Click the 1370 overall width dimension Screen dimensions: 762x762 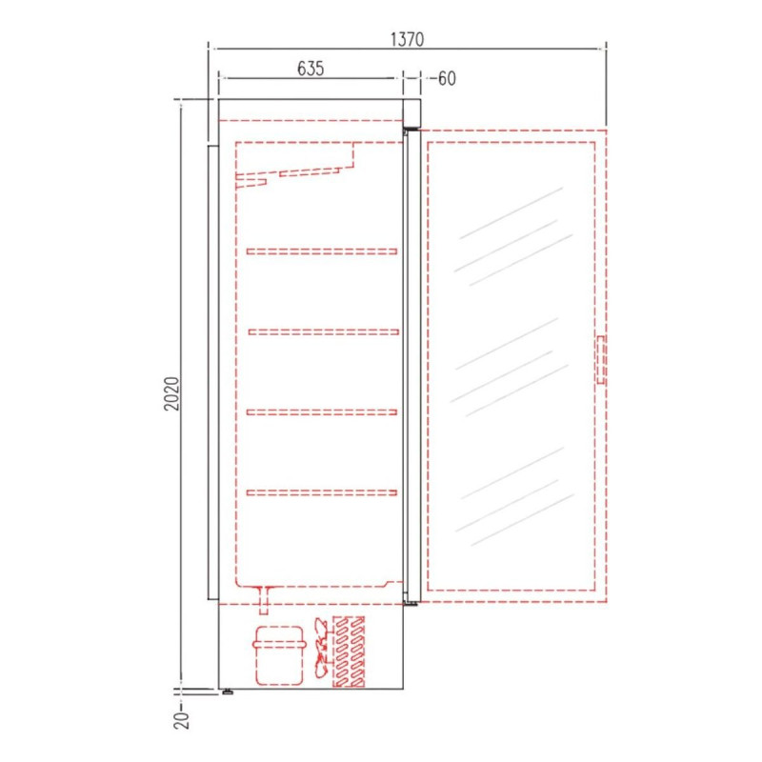click(x=408, y=39)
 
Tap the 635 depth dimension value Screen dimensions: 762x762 click(x=311, y=69)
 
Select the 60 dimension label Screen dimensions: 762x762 click(x=447, y=78)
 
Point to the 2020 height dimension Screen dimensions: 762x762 click(x=171, y=393)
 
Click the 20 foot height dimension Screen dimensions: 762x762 click(x=181, y=720)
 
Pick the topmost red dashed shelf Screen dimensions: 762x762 click(x=322, y=251)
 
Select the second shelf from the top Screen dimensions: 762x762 click(x=324, y=331)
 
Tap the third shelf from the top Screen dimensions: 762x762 click(x=322, y=412)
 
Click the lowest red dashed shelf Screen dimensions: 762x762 click(x=322, y=492)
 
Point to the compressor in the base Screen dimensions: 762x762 click(x=279, y=655)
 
